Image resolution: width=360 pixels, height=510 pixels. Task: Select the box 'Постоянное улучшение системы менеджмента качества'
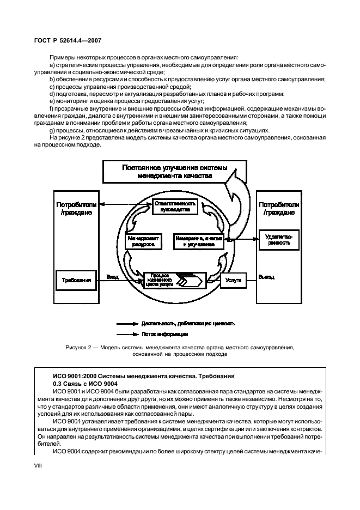point(167,172)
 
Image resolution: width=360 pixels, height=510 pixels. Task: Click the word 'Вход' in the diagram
point(112,277)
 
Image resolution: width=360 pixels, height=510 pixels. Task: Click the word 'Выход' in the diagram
point(266,277)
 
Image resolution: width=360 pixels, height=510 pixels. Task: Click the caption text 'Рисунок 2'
point(77,347)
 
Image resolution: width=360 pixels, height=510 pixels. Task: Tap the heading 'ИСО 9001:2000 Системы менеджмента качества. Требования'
point(144,377)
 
